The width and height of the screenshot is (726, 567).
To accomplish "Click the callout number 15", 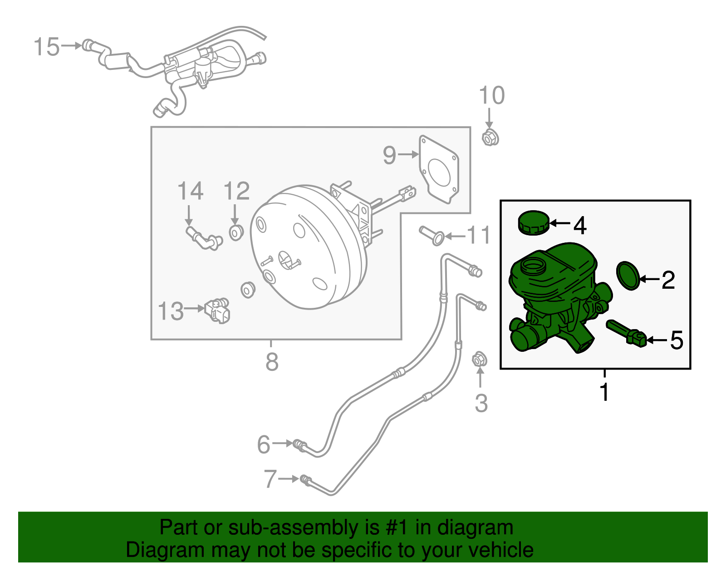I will (x=47, y=47).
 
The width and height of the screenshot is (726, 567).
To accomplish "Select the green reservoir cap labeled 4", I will (x=533, y=222).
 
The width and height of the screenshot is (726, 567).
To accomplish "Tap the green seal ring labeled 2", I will (x=628, y=275).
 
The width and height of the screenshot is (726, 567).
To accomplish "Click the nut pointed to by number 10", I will (x=490, y=137).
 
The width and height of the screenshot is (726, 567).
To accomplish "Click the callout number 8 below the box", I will (x=272, y=362).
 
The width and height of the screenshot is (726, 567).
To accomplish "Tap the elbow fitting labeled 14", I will (x=204, y=238).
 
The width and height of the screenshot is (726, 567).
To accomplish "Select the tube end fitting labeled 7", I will (x=305, y=479).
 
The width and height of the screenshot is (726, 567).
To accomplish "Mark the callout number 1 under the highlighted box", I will (x=604, y=392).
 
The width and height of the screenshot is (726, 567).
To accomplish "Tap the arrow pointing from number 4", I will (x=560, y=223).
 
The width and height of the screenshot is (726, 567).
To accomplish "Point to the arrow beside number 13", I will (x=195, y=308).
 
